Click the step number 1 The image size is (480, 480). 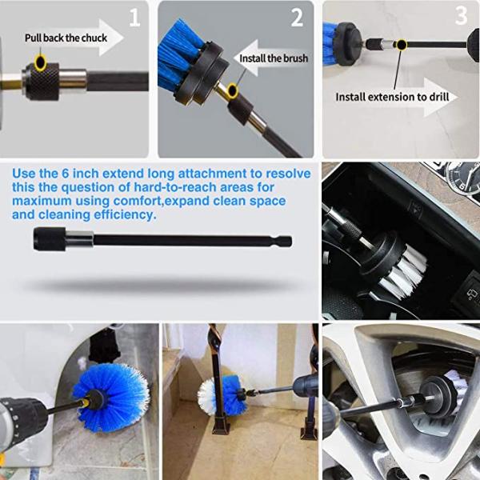(134, 18)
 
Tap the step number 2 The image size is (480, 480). (297, 18)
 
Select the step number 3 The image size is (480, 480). (462, 15)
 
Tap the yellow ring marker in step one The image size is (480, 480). (41, 62)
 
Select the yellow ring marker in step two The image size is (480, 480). (233, 90)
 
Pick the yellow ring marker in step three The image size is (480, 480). (401, 45)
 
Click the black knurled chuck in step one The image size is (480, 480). (42, 82)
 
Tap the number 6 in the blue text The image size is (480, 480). (66, 174)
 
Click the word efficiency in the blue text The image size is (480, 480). (125, 215)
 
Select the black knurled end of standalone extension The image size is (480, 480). (50, 238)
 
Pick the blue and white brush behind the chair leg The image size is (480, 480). (221, 395)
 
